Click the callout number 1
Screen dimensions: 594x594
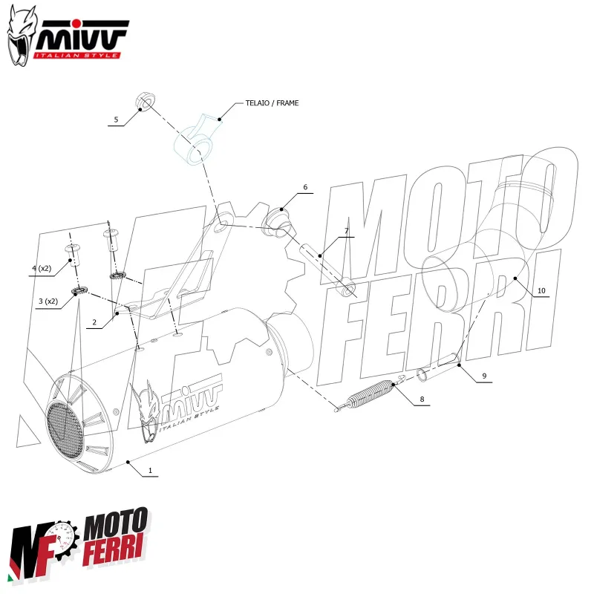tap(150, 470)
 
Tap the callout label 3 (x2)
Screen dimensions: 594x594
tap(48, 301)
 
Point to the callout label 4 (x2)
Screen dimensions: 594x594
tap(41, 268)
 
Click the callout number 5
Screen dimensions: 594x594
tap(116, 119)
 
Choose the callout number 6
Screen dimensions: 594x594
tap(304, 187)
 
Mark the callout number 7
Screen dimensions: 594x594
tap(345, 231)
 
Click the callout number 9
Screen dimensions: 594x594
tap(483, 376)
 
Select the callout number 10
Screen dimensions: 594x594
tap(541, 290)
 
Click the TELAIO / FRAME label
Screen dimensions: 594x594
tap(272, 103)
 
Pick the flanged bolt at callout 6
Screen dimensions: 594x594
tap(278, 219)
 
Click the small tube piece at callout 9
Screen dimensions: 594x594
tap(425, 373)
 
